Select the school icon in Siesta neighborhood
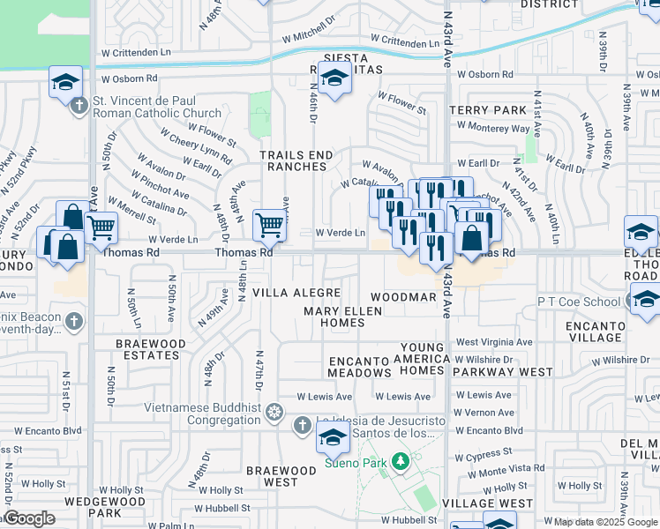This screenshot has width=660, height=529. pos(334,80)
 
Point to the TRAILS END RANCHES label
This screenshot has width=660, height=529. pos(296,160)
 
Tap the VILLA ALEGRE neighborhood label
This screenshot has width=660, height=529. pos(296,292)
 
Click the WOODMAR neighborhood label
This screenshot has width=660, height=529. pos(403,297)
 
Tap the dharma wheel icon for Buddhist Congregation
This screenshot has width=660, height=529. pos(274,412)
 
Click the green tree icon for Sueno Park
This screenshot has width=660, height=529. pos(401,461)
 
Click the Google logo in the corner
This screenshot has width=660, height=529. pos(28,518)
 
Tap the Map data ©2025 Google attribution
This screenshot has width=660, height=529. pos(605,522)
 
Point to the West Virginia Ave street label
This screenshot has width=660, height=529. pos(493,342)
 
